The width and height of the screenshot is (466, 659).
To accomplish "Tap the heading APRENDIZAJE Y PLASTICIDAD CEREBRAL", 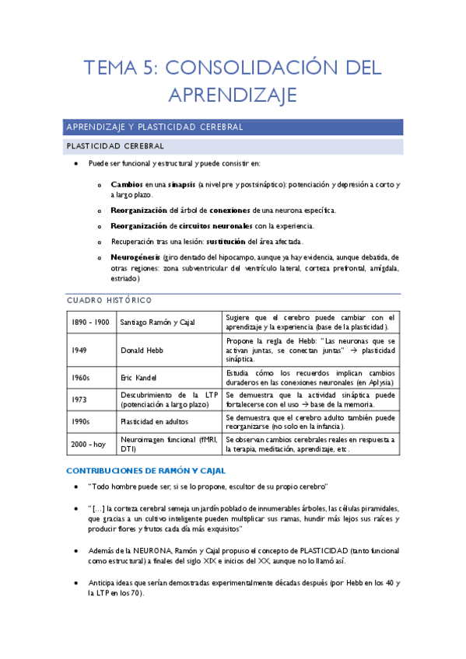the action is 156,127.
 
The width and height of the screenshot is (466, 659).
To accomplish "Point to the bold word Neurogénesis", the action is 135,256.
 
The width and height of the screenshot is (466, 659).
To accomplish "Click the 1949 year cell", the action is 80,350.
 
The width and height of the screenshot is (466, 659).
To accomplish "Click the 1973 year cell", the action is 80,399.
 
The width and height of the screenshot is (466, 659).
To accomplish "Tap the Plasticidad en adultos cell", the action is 154,421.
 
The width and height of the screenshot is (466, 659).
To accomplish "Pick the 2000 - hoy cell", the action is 88,444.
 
